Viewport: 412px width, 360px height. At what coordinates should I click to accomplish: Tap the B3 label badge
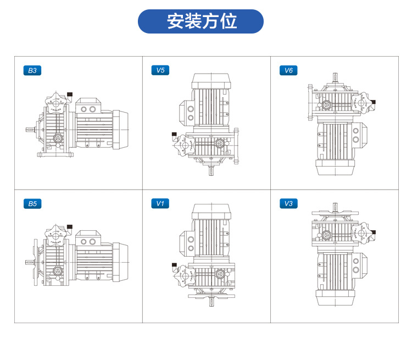pos(32,70)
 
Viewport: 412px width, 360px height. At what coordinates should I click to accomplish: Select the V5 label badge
pos(160,70)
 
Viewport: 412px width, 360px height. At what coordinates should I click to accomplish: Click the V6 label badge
pos(288,70)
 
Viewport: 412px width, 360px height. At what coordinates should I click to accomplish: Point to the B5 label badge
pos(32,204)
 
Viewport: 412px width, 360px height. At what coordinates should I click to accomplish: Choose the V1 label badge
pos(160,204)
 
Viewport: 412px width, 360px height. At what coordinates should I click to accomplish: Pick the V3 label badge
pos(288,204)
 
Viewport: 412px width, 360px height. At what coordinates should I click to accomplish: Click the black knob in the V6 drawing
pos(373,102)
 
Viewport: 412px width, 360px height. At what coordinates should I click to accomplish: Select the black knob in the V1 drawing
pos(174,266)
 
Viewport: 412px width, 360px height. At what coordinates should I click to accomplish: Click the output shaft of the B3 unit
pos(31,130)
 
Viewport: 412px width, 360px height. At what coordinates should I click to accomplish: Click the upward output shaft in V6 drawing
pos(334,77)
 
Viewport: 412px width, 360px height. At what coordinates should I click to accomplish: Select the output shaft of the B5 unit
pos(29,262)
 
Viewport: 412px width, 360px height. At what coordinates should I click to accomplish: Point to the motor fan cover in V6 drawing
pos(334,168)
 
